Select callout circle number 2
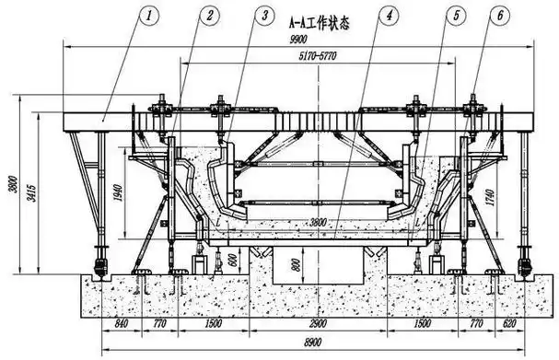[211, 16]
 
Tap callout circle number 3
[265, 16]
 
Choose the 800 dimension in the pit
[296, 266]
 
